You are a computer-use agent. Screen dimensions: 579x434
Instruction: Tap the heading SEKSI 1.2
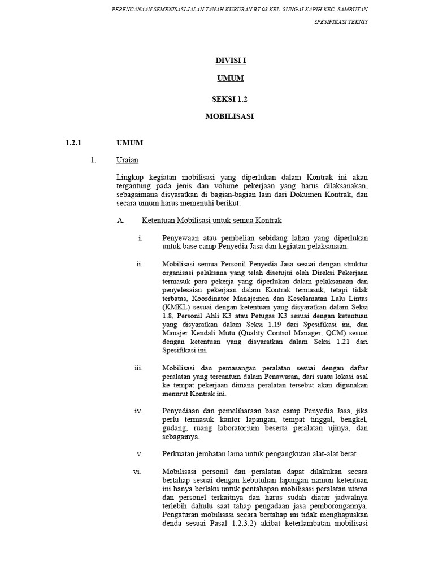coord(229,98)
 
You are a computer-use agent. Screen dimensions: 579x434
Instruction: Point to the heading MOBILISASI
coord(229,116)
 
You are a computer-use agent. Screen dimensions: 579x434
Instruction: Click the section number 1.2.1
coord(73,143)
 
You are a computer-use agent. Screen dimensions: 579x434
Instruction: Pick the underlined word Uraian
coord(127,160)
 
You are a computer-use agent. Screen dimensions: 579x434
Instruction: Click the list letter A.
coord(121,220)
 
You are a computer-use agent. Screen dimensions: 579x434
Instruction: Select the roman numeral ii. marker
coord(139,264)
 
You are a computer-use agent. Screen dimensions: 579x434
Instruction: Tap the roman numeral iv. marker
coord(138,411)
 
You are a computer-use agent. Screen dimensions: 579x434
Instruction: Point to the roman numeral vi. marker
coord(137,472)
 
